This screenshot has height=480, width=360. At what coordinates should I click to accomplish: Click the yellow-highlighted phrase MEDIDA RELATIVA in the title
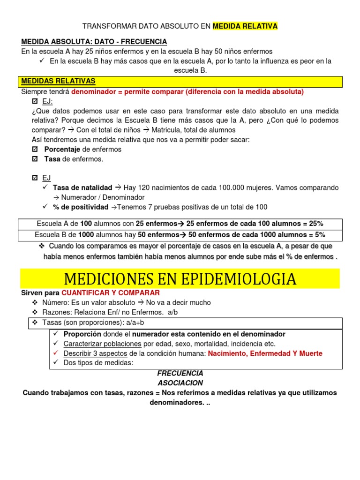(245, 26)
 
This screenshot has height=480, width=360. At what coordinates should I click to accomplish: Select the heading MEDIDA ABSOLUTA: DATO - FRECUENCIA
(94, 42)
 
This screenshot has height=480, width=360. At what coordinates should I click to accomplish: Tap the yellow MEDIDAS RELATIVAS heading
(58, 81)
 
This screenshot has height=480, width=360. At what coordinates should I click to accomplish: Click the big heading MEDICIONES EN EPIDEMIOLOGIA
(180, 279)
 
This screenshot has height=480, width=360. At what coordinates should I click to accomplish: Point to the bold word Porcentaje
(62, 149)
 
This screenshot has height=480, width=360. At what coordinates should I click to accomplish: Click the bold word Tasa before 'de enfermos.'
(52, 159)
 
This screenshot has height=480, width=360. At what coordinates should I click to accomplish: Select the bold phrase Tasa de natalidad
(82, 187)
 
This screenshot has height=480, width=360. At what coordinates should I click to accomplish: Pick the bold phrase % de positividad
(80, 207)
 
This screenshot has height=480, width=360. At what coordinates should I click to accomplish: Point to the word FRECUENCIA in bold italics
(180, 373)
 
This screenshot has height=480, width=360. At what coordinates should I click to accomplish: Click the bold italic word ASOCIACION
(180, 383)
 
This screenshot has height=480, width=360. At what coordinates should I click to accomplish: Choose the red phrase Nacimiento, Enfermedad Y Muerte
(265, 353)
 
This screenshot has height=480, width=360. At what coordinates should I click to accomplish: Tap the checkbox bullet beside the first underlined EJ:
(35, 101)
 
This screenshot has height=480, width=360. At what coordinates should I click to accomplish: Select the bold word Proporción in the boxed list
(82, 334)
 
